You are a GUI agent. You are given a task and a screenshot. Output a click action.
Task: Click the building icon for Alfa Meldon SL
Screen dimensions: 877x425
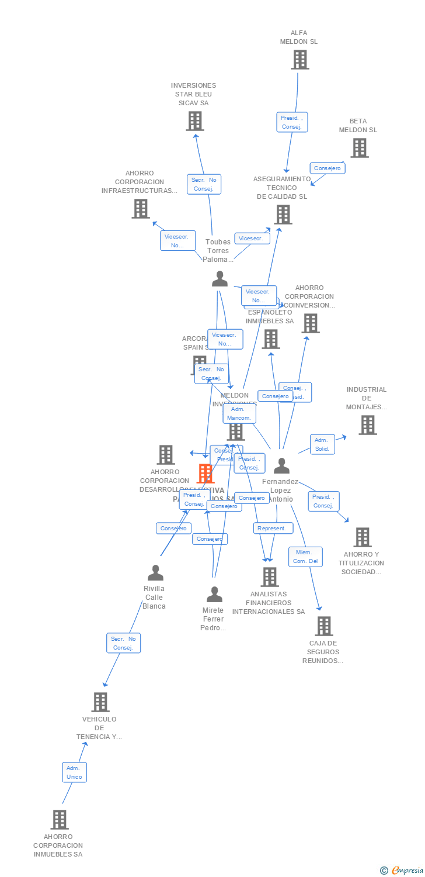(x=299, y=60)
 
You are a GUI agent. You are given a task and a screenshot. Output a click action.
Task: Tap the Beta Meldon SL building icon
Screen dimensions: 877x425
(x=359, y=148)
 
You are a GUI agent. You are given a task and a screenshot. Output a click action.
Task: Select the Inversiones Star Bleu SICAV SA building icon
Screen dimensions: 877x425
(x=194, y=121)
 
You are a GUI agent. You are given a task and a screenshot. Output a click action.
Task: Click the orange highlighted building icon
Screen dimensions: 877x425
(x=205, y=474)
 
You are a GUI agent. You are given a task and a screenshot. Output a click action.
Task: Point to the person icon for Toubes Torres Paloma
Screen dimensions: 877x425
(x=220, y=279)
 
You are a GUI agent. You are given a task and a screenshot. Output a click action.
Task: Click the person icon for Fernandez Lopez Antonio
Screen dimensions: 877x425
(x=281, y=465)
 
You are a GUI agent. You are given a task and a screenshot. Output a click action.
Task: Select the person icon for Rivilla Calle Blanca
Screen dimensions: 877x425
(x=155, y=572)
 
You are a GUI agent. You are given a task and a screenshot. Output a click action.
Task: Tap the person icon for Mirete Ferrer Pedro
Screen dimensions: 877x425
(x=214, y=595)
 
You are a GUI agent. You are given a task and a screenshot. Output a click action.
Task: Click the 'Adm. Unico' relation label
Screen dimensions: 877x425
(x=74, y=772)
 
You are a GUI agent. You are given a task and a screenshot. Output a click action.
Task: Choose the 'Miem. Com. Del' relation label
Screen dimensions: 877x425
(x=305, y=557)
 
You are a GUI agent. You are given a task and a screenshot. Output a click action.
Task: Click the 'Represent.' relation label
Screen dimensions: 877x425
(x=273, y=528)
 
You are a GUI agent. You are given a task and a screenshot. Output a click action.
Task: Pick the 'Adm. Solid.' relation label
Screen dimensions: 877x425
(x=322, y=444)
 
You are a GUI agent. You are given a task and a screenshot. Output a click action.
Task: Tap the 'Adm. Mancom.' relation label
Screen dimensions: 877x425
(x=239, y=413)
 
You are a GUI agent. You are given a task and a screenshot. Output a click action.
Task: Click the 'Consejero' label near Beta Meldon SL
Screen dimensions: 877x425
(x=327, y=168)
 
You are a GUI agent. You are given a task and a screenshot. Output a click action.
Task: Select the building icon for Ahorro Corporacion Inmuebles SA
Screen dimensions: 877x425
(x=59, y=820)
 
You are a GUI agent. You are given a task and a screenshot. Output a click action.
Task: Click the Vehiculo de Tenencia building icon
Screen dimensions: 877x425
(x=100, y=702)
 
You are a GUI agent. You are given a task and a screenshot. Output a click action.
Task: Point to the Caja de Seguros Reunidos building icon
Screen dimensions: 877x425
(x=323, y=626)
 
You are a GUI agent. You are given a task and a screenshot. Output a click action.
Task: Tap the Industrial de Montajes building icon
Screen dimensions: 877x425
(x=367, y=425)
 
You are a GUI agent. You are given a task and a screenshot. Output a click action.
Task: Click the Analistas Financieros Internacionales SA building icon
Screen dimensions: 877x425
(x=269, y=577)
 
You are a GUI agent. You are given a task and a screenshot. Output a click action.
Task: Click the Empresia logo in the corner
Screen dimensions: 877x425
(x=403, y=871)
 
